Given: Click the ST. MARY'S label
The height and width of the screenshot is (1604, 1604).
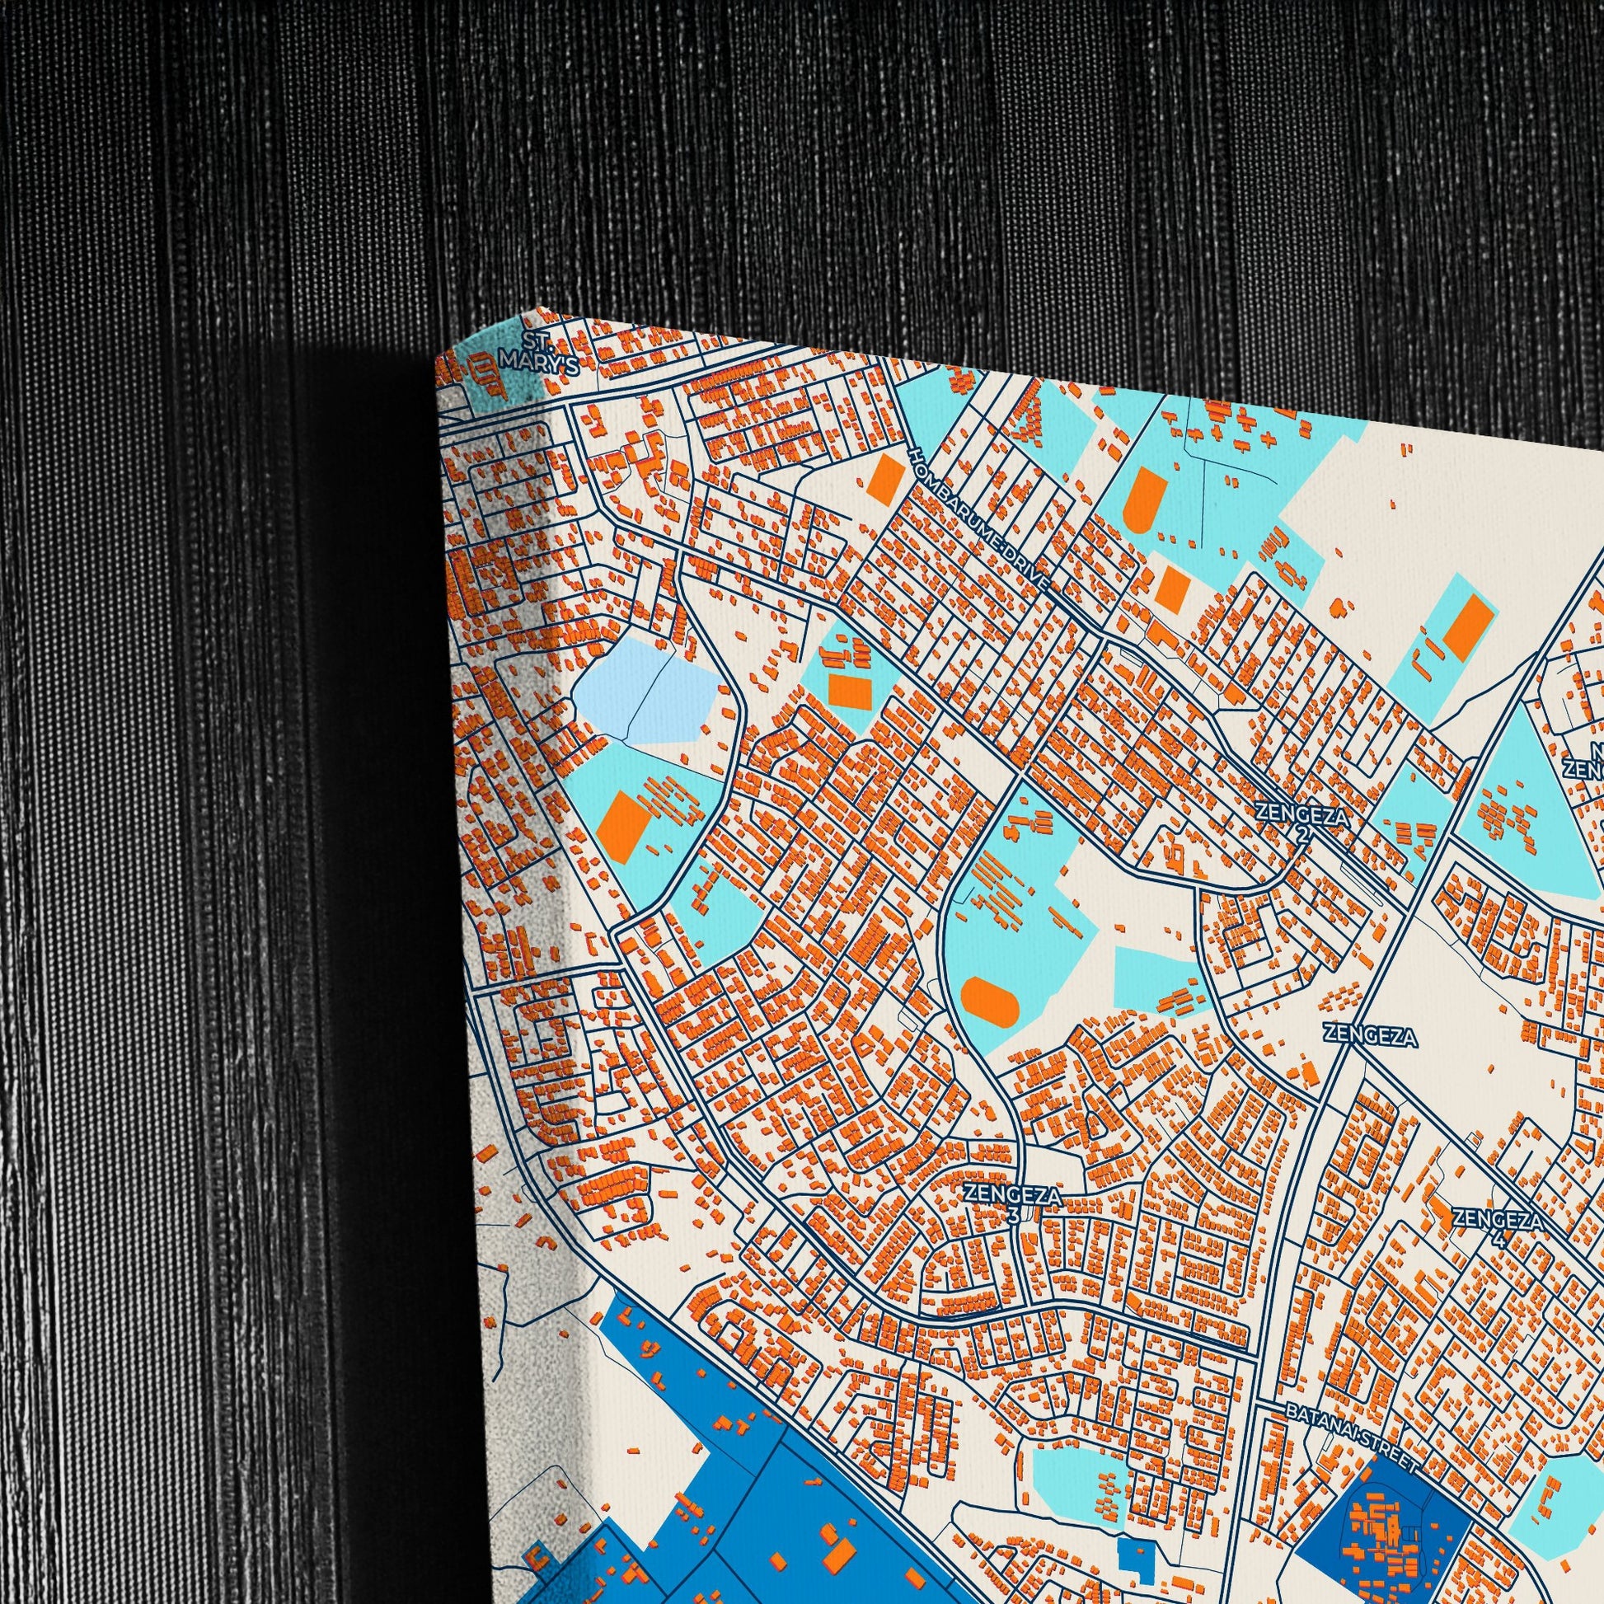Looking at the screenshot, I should pos(539,353).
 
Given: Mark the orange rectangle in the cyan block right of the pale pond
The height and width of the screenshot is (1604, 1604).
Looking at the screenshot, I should pos(847,691).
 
